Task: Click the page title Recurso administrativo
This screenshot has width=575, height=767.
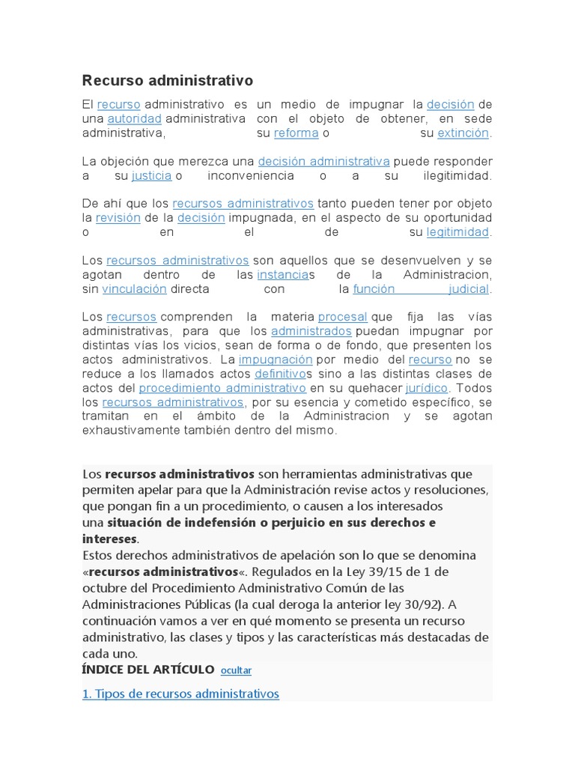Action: pos(167,80)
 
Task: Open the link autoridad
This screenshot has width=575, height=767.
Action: pos(134,118)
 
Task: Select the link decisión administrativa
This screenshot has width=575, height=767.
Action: pos(323,161)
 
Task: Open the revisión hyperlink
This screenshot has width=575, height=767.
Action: pos(118,217)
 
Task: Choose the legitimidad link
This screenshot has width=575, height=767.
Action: pos(457,231)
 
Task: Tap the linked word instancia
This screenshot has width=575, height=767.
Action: pos(282,274)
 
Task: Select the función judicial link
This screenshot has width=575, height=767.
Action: pos(421,288)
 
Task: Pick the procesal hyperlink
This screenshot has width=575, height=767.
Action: pos(343,317)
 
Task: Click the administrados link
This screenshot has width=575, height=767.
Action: pos(311,330)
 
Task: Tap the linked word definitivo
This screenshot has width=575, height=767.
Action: pos(281,373)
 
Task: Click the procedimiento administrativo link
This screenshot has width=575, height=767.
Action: pos(222,387)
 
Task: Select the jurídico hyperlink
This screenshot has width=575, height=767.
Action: pos(427,387)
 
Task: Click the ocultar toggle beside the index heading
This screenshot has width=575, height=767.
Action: pos(237,670)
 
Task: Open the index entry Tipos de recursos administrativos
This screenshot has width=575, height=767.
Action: pos(180,694)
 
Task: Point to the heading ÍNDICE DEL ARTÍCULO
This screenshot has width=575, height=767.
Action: pos(148,669)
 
